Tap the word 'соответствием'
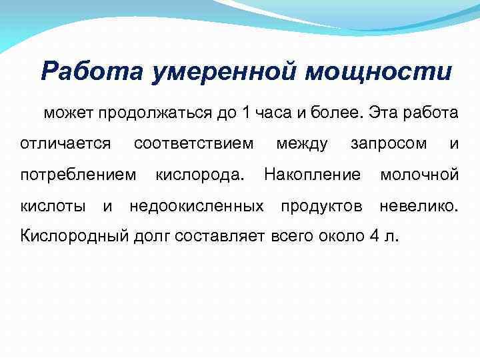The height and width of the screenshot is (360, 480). [x=193, y=144]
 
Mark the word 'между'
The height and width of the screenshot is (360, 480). [x=301, y=144]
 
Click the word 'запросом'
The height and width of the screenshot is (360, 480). [x=389, y=144]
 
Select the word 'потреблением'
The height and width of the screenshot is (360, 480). [x=77, y=175]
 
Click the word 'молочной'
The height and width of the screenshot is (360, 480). [x=419, y=175]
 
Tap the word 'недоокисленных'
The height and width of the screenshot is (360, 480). [x=197, y=207]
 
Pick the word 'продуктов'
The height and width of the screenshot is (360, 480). [x=322, y=207]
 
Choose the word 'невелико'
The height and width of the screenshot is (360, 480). [x=417, y=207]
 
